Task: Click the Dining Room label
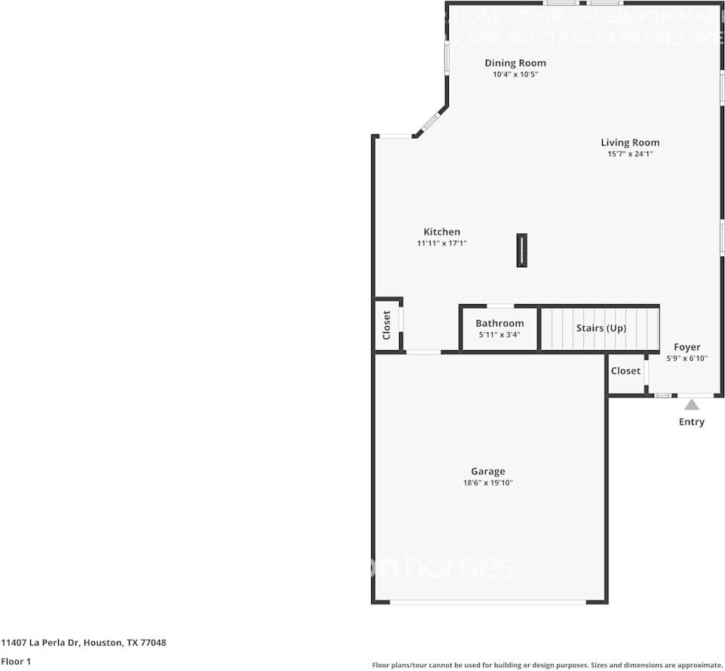515,63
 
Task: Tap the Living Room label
630,143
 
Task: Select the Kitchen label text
441,232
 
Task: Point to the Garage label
488,472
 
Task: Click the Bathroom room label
499,324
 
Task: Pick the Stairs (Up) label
601,328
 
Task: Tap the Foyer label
687,348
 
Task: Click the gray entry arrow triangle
692,405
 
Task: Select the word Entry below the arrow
692,422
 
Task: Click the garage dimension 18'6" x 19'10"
488,483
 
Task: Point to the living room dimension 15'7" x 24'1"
630,154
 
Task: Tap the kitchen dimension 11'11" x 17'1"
441,244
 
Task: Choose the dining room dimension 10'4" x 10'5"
515,75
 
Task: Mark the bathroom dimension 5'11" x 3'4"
499,334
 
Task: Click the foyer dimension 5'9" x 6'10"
687,359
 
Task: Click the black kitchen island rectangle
521,251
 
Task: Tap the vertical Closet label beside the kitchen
387,325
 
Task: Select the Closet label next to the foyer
625,371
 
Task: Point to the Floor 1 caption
16,662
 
